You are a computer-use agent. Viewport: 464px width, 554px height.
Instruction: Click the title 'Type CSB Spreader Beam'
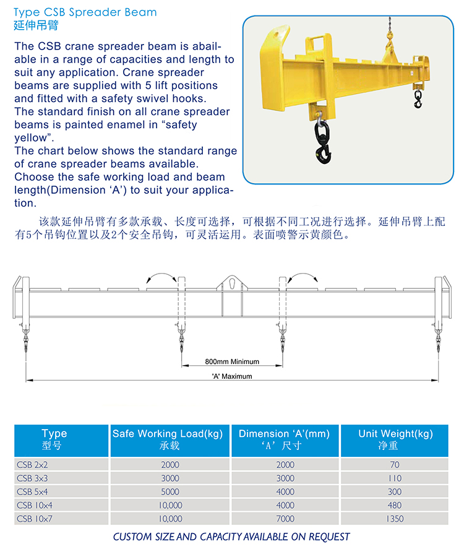pyautogui.click(x=85, y=12)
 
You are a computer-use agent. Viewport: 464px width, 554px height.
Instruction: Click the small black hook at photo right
pyautogui.click(x=418, y=101)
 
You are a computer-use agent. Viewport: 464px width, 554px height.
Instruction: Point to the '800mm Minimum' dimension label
pyautogui.click(x=232, y=361)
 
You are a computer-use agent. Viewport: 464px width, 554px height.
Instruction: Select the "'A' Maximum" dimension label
pyautogui.click(x=232, y=376)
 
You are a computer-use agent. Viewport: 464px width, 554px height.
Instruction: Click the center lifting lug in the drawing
pyautogui.click(x=230, y=283)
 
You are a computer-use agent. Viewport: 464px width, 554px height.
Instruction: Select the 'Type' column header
pyautogui.click(x=54, y=439)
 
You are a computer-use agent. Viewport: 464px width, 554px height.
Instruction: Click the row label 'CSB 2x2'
pyautogui.click(x=32, y=464)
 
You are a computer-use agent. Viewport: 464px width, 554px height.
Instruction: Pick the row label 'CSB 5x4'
pyautogui.click(x=32, y=491)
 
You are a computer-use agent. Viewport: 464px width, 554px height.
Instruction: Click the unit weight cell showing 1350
pyautogui.click(x=395, y=519)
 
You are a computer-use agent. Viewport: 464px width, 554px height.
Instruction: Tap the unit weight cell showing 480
pyautogui.click(x=395, y=505)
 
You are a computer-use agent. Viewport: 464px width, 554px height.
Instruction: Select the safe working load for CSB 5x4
pyautogui.click(x=170, y=491)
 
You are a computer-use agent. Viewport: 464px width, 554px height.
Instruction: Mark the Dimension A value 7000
pyautogui.click(x=285, y=519)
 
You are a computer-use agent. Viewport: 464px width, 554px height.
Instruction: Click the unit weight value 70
pyautogui.click(x=395, y=464)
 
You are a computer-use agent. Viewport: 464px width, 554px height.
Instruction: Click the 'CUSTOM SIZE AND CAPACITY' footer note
pyautogui.click(x=231, y=537)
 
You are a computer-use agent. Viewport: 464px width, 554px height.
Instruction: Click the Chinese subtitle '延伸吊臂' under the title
pyautogui.click(x=32, y=26)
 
